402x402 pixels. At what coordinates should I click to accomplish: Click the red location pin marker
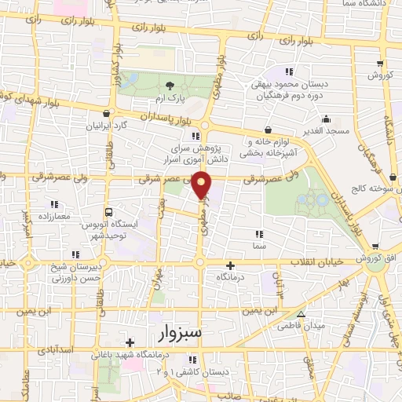203,184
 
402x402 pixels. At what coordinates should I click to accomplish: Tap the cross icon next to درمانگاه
230,267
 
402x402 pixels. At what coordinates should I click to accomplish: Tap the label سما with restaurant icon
259,245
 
